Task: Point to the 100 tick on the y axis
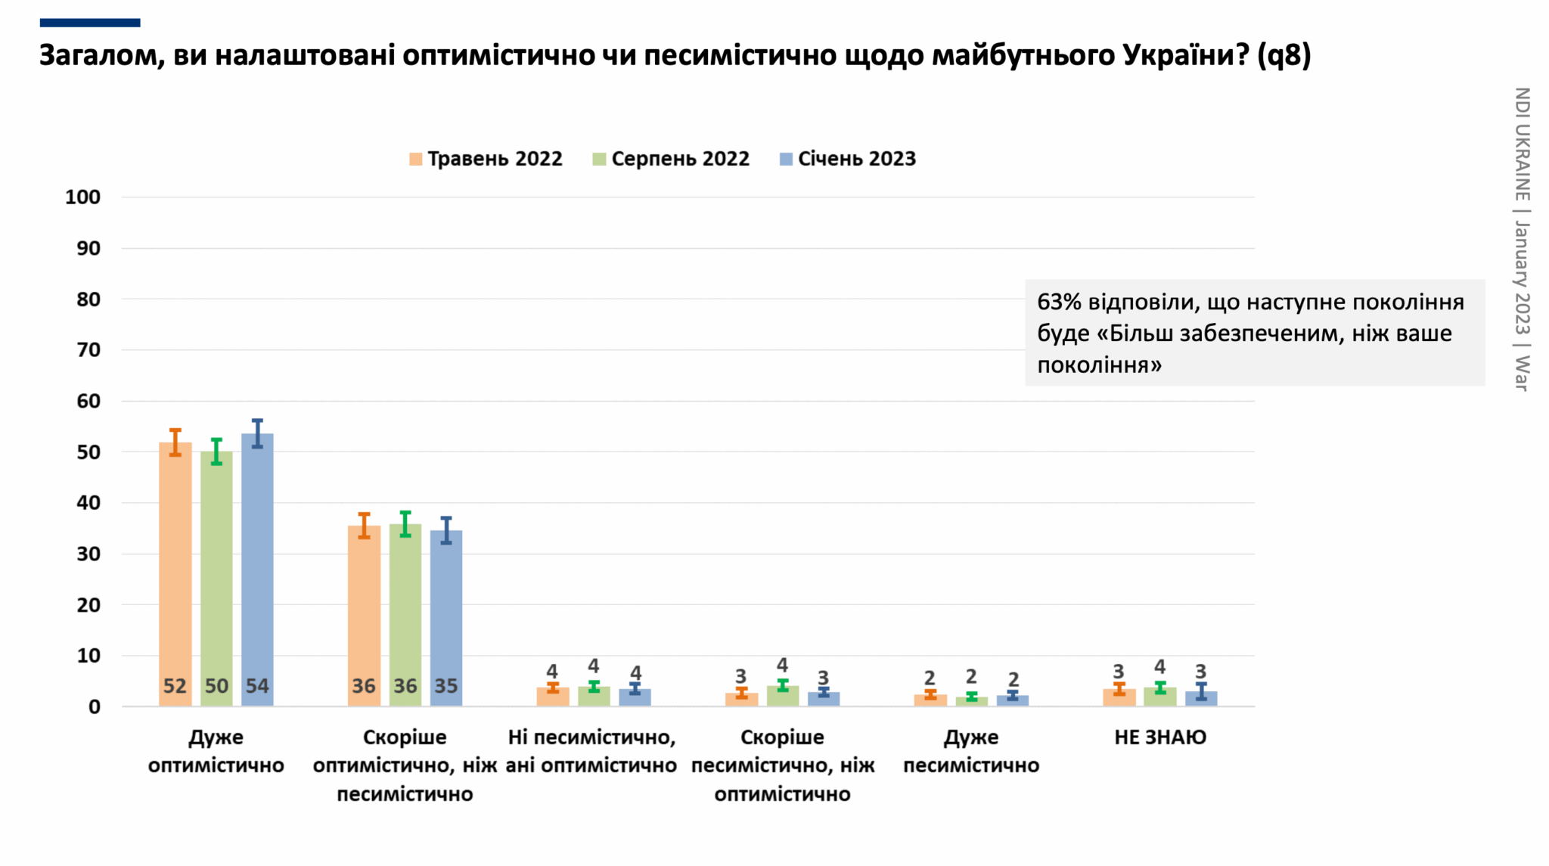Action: coord(82,197)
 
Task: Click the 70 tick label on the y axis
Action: coord(88,350)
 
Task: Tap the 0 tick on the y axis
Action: coord(95,707)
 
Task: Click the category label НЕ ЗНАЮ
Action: coord(1160,737)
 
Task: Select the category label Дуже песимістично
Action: coord(971,751)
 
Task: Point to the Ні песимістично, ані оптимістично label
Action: coord(591,751)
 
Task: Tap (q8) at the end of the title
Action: coord(1284,55)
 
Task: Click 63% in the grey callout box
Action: coord(1059,303)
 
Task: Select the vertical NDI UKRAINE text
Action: coord(1522,144)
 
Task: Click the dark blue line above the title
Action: coord(90,23)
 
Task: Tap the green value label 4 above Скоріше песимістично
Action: coord(782,665)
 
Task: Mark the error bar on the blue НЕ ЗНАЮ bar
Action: coord(1201,691)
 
